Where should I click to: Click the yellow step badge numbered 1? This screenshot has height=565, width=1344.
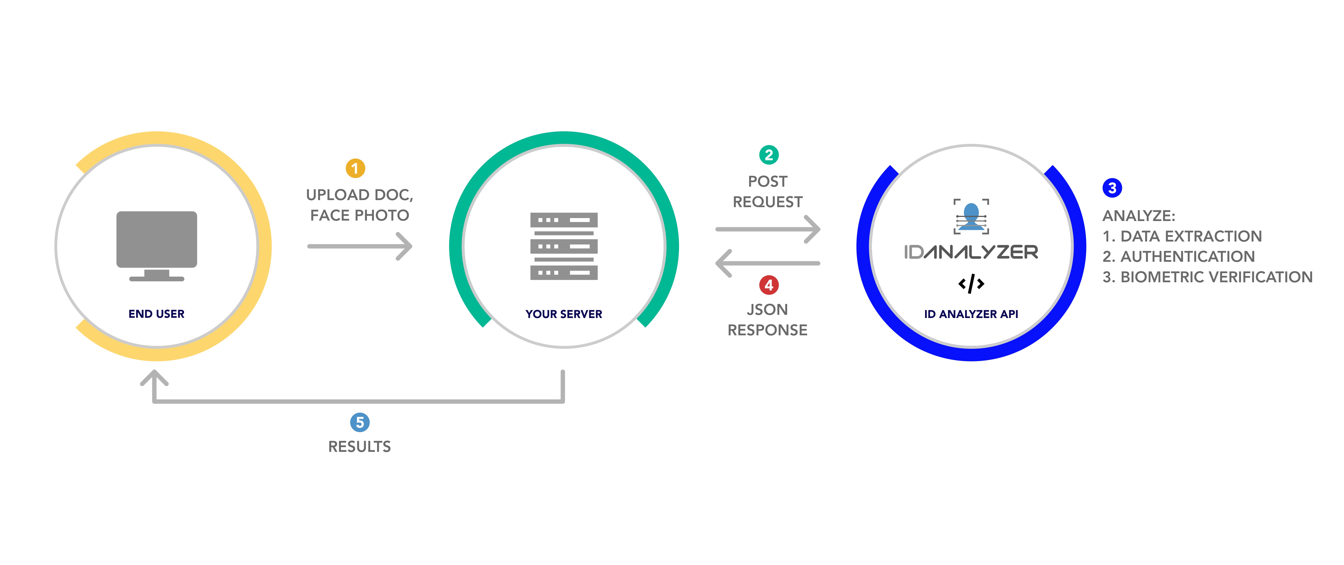coord(355,168)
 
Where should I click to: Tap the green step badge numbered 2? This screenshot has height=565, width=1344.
coord(768,155)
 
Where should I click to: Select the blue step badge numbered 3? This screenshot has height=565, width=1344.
coord(1112,188)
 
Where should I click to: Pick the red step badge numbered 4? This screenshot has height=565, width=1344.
coord(768,285)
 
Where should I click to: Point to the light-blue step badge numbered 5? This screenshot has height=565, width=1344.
coord(360,422)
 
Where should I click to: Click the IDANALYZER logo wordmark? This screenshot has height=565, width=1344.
coord(971,252)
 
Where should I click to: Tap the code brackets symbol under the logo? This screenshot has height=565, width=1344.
coord(971,284)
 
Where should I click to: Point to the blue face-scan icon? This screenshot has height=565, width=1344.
coord(971,216)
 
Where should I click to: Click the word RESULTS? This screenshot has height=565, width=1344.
coord(360,447)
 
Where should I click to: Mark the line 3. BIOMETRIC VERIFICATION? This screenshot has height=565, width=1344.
coord(1207,277)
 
